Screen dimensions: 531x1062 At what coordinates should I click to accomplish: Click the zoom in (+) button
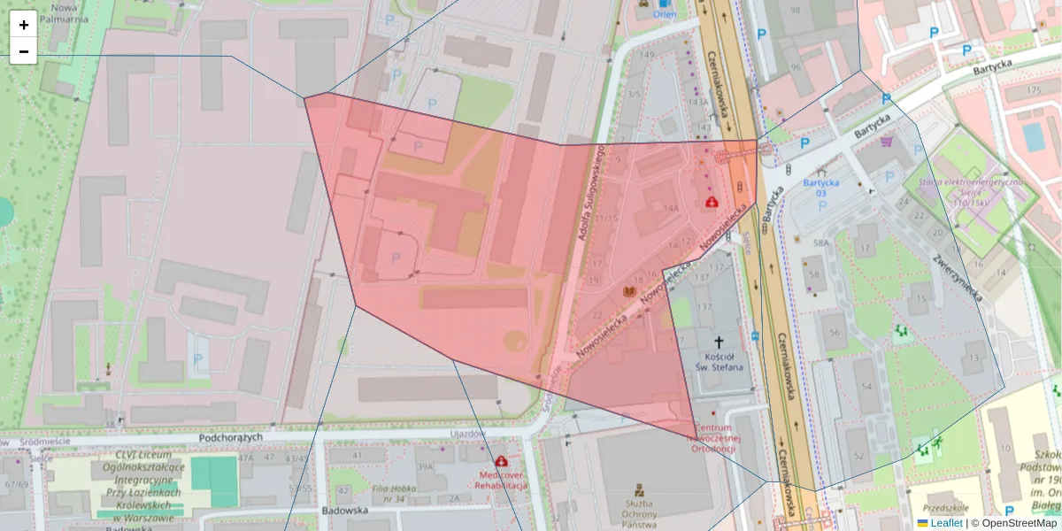coord(24,25)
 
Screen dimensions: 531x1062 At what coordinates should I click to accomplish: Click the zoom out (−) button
coord(24,51)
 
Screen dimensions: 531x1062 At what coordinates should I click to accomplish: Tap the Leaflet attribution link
coord(945,523)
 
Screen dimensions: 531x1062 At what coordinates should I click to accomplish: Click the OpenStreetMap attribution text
coord(1019,523)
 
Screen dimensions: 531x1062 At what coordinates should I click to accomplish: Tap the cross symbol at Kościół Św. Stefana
coord(719,342)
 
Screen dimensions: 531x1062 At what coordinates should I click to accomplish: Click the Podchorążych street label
coord(231,437)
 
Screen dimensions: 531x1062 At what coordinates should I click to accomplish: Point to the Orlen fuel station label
coord(664,14)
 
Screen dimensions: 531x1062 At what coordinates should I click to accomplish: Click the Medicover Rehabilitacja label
coord(501,480)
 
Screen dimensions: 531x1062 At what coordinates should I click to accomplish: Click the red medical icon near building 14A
coord(711,202)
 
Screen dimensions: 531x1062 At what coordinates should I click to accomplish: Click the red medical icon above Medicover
coord(502,461)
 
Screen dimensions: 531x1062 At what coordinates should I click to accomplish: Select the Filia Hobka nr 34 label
coord(395,493)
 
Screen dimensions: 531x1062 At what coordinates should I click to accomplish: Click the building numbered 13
coord(974,358)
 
